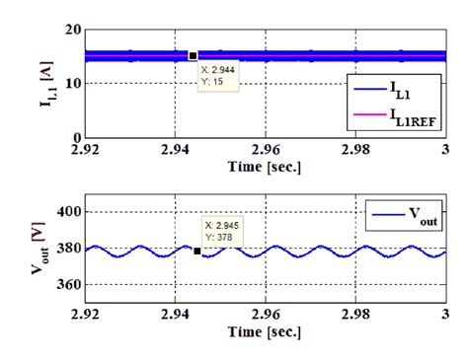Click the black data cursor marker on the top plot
click(x=193, y=56)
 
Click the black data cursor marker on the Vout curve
click(x=197, y=251)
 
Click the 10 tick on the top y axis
click(x=74, y=83)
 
